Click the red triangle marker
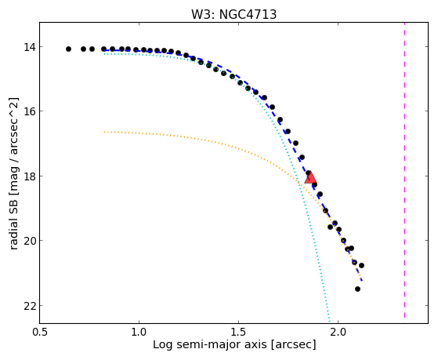pyautogui.click(x=310, y=178)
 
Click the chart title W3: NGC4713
pyautogui.click(x=233, y=15)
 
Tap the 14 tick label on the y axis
pyautogui.click(x=29, y=47)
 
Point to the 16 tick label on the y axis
pyautogui.click(x=29, y=111)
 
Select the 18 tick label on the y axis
pyautogui.click(x=29, y=176)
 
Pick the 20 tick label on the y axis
pyautogui.click(x=29, y=241)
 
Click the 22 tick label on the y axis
pyautogui.click(x=29, y=306)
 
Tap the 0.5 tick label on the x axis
pyautogui.click(x=40, y=332)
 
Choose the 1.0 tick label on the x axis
pyautogui.click(x=139, y=332)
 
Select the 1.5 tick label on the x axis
pyautogui.click(x=238, y=332)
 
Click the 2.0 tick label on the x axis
pyautogui.click(x=338, y=332)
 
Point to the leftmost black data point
pyautogui.click(x=68, y=49)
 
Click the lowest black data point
pyautogui.click(x=357, y=289)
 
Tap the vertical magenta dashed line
pyautogui.click(x=404, y=170)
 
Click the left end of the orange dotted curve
pyautogui.click(x=104, y=132)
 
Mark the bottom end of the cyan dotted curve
pyautogui.click(x=329, y=322)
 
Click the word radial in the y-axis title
pyautogui.click(x=13, y=234)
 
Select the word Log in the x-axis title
pyautogui.click(x=162, y=345)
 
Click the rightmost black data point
pyautogui.click(x=361, y=265)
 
